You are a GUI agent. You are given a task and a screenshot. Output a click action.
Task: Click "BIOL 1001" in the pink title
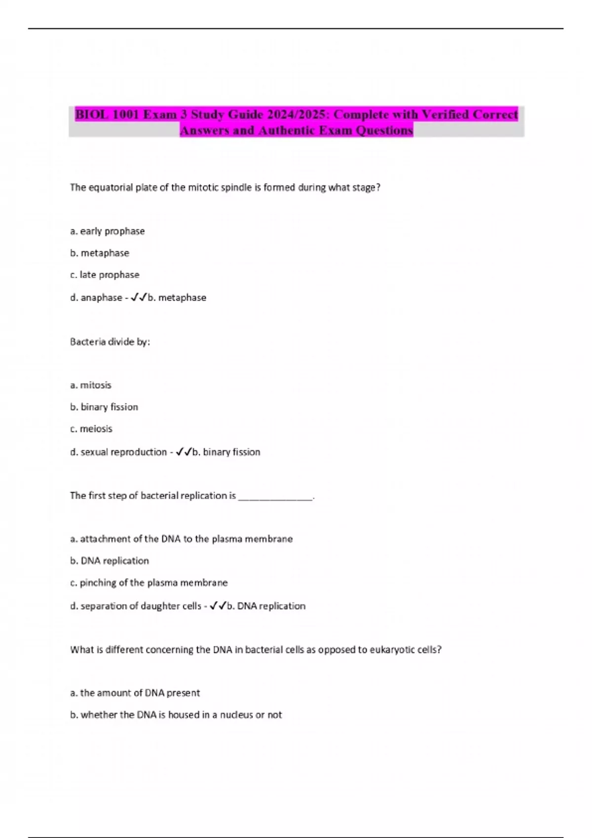point(107,114)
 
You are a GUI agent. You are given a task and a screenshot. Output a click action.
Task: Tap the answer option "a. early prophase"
point(108,231)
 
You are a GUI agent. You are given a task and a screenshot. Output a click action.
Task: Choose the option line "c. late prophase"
point(105,275)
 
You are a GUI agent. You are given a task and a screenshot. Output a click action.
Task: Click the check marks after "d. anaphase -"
point(139,297)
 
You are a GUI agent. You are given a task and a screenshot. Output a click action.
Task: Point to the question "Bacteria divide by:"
point(110,342)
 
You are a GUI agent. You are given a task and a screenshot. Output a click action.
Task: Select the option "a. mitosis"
point(91,385)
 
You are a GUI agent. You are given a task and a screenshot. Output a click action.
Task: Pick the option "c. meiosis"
point(91,429)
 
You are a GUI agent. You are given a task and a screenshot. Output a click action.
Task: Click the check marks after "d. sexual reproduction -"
point(184,452)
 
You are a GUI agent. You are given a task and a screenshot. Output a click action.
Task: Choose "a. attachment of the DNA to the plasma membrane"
point(182,539)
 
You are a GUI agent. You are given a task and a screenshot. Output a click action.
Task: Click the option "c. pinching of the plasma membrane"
point(149,583)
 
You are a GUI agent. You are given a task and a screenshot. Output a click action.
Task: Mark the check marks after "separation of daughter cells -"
point(218,606)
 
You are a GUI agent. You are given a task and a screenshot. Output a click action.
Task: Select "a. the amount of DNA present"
point(135,693)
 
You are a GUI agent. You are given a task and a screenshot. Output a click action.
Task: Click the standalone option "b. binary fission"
point(104,407)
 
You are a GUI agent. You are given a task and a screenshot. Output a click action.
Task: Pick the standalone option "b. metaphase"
point(100,253)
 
